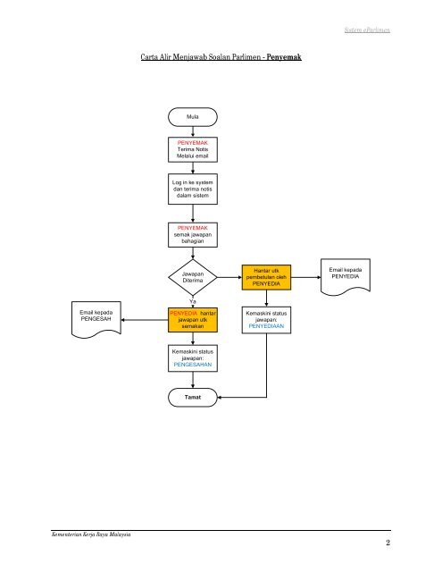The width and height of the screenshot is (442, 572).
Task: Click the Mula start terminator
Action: [192, 117]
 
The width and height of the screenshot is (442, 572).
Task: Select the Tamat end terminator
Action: [192, 397]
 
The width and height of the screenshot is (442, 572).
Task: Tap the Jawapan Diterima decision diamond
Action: [192, 277]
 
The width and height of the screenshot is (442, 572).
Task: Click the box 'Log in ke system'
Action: [192, 189]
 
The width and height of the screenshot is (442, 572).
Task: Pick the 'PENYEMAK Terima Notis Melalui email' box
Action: [192, 149]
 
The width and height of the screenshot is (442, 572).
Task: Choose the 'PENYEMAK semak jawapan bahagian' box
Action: [192, 235]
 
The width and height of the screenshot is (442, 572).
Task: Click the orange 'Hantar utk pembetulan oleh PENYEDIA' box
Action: [266, 277]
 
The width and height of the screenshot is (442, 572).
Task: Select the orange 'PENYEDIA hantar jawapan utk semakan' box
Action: [192, 320]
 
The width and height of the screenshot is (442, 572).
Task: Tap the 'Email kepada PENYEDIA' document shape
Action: [346, 276]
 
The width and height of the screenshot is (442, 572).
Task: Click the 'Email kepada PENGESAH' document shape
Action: [96, 319]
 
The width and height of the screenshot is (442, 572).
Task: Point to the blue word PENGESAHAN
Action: [192, 365]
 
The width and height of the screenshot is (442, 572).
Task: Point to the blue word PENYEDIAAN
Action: [266, 326]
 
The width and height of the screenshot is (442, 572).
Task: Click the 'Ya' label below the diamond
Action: [192, 302]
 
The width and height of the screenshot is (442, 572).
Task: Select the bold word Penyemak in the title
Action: [284, 57]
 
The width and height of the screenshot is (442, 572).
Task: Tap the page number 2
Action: [388, 543]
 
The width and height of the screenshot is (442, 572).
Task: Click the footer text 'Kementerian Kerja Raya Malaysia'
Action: [91, 534]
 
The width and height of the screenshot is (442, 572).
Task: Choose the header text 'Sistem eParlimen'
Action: [367, 29]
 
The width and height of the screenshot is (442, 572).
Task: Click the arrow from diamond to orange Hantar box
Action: [229, 277]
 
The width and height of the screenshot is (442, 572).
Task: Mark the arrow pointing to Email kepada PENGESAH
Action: [145, 320]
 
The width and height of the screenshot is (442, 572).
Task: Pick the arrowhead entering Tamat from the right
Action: [220, 397]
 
